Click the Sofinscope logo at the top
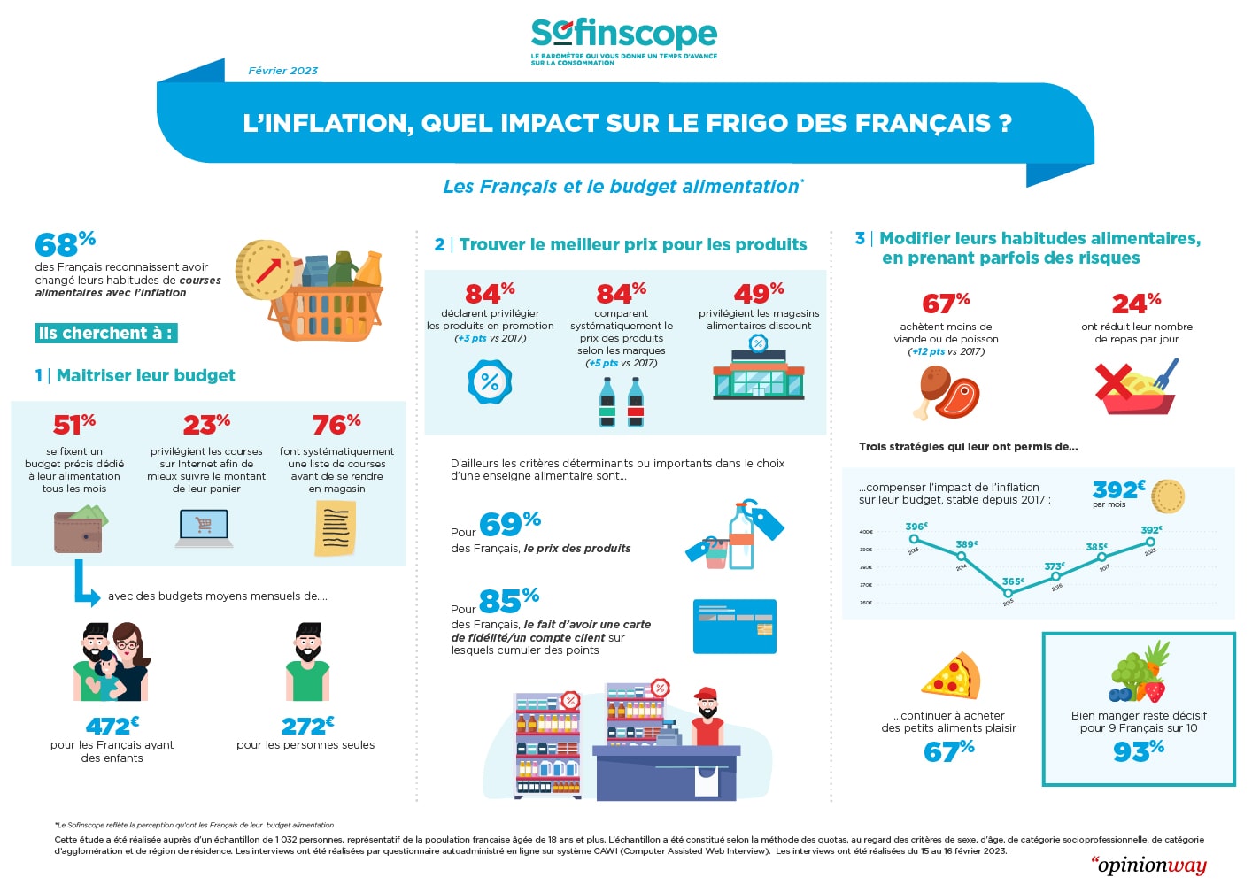click(623, 40)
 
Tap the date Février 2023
click(282, 71)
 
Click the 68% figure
click(65, 243)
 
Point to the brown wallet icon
click(79, 529)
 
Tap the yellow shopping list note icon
click(336, 528)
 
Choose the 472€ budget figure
click(112, 726)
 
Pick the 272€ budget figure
click(307, 726)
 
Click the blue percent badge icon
click(489, 381)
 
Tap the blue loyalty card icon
click(734, 626)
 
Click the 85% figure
click(508, 601)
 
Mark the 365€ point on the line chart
click(1008, 592)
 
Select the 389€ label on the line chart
click(966, 544)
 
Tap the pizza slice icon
click(951, 676)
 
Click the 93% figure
click(1138, 751)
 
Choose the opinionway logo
click(1148, 865)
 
